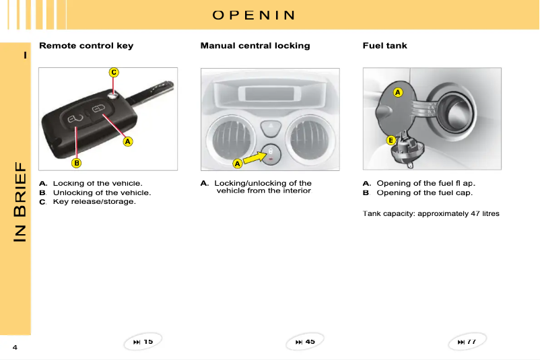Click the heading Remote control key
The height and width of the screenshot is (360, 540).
[86, 46]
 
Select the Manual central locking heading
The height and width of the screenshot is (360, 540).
[255, 46]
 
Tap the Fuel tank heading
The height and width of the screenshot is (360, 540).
[384, 46]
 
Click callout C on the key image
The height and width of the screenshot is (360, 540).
[114, 72]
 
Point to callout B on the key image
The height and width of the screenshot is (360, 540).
[77, 162]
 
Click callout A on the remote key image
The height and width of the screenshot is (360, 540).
[127, 142]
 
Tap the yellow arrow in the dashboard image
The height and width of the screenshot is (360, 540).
[255, 157]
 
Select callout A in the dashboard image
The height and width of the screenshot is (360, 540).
[237, 164]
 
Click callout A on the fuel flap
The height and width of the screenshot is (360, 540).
[397, 92]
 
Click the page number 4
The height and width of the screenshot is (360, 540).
[14, 347]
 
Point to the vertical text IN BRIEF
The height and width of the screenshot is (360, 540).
[20, 201]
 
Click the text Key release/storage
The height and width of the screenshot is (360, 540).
[94, 201]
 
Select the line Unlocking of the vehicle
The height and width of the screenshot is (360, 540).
[102, 192]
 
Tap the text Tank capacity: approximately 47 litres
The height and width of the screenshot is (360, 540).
[431, 213]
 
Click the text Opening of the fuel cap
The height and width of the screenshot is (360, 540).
[424, 192]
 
